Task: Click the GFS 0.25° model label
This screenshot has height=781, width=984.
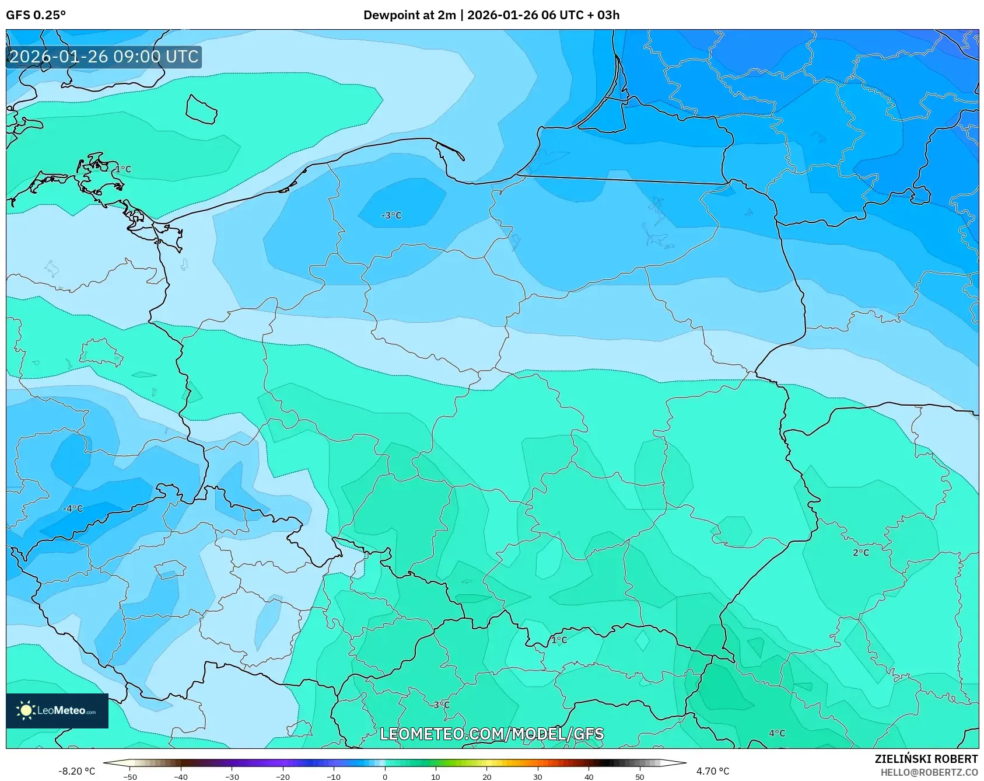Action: pos(36,15)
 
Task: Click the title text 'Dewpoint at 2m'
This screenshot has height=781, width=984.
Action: pos(409,15)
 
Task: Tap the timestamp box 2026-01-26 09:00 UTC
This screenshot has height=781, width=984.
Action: pos(104,57)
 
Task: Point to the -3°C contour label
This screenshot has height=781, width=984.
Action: pos(391,215)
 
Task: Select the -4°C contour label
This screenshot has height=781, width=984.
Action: pos(73,508)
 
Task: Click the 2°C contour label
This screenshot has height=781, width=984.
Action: pos(860,552)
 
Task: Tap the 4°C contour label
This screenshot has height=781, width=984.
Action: pos(777,733)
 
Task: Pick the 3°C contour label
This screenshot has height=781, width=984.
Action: pos(442,705)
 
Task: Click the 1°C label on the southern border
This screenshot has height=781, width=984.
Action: pos(559,640)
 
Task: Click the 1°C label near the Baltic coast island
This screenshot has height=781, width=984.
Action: pos(123,169)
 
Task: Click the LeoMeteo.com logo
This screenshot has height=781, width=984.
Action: pos(57,710)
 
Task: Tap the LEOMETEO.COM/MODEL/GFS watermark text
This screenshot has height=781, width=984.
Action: pos(492,734)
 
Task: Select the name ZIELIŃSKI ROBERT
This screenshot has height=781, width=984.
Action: pos(926,759)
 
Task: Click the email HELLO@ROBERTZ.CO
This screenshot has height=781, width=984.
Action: pos(929,772)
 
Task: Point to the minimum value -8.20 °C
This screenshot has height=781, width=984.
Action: pos(76,771)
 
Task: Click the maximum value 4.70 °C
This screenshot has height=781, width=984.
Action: pos(712,771)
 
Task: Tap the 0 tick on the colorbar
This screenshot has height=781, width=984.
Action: pos(384,776)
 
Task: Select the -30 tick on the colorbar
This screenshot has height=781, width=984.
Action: pos(232,776)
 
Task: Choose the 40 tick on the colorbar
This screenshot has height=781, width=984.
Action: pos(589,776)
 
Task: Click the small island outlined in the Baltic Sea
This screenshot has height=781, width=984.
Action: pos(201,109)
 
